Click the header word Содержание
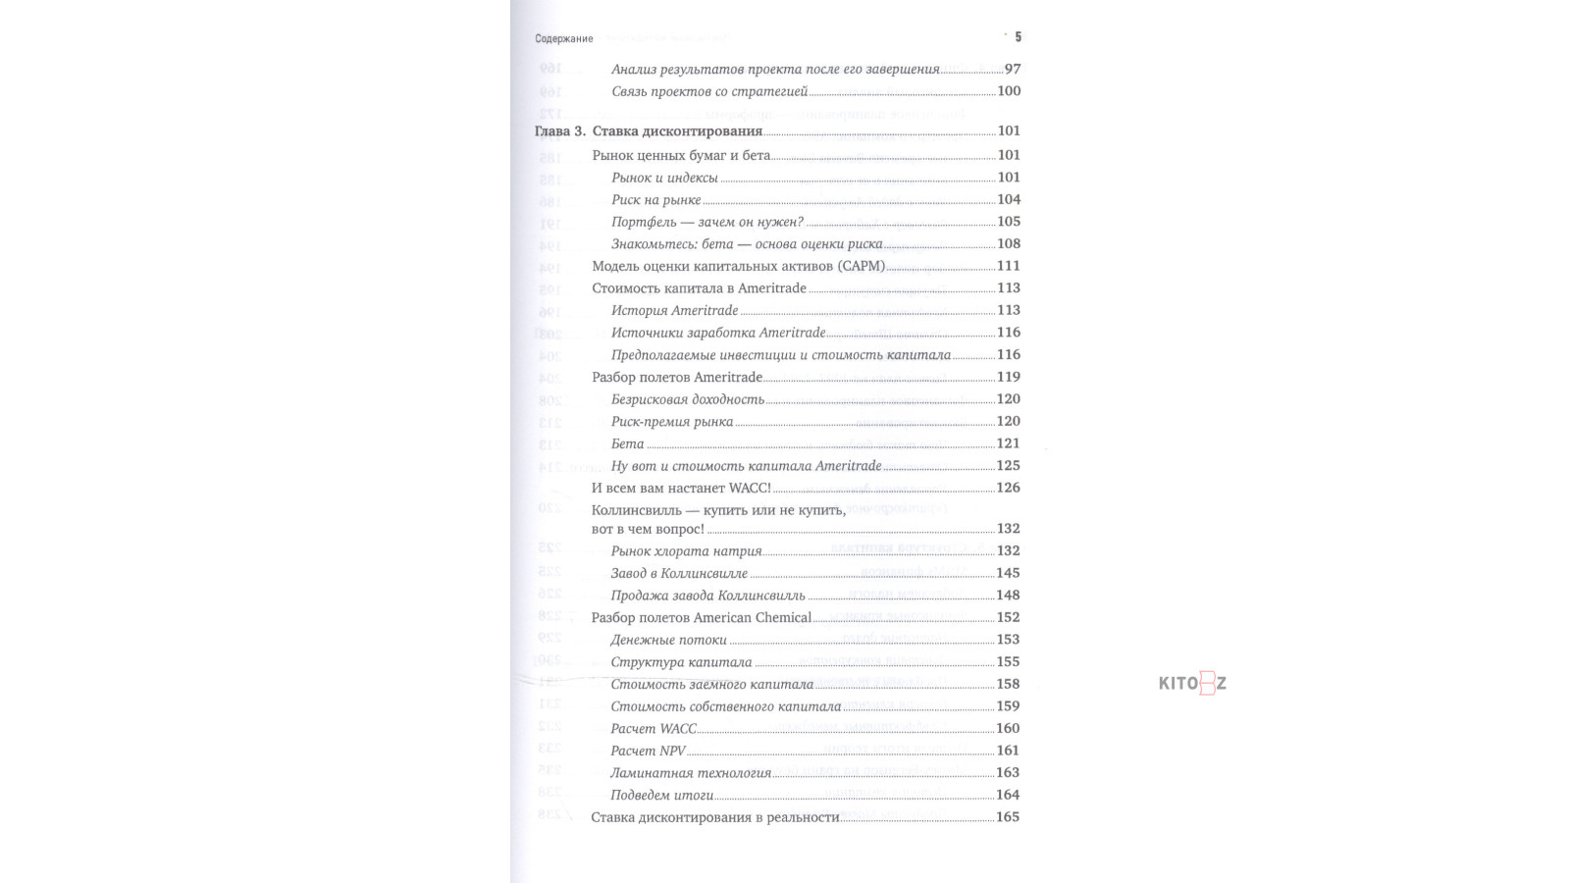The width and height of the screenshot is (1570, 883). click(563, 39)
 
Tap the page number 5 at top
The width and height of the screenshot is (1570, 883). click(1018, 37)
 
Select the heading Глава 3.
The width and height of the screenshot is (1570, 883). click(559, 131)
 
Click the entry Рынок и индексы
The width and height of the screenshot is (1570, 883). click(664, 179)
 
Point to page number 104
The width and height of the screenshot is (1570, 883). click(1008, 199)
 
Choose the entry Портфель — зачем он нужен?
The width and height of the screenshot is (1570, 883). click(706, 222)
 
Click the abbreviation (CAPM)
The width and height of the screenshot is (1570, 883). click(861, 266)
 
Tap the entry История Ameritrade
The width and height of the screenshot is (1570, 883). click(674, 310)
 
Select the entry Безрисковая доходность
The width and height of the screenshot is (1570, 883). click(687, 399)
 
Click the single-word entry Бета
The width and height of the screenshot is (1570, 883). click(627, 443)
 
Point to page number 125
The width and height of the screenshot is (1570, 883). click(1008, 465)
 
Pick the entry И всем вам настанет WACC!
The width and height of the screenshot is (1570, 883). click(681, 488)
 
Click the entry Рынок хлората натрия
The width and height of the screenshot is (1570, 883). click(686, 551)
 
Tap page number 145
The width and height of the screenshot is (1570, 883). click(1008, 573)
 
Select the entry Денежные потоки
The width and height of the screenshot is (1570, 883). click(668, 640)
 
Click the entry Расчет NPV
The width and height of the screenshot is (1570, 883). click(648, 751)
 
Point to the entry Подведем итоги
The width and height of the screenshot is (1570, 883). click(661, 795)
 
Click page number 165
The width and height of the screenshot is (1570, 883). click(1008, 817)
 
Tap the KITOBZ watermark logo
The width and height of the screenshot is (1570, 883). click(1192, 684)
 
